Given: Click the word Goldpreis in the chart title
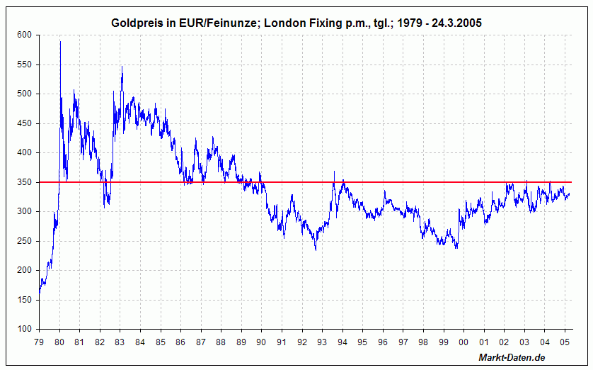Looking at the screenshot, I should tap(137, 23).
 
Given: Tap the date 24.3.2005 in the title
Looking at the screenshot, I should tap(454, 23).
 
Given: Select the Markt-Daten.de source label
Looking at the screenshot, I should tap(512, 357).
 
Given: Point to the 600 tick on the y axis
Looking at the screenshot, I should tap(25, 35).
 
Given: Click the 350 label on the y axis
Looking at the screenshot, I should tap(25, 182).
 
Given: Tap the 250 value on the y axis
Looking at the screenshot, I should tap(25, 241).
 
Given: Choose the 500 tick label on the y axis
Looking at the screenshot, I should tap(25, 94).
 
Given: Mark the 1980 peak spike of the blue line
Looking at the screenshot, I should tap(60, 42).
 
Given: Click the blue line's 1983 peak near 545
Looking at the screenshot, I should tap(122, 67).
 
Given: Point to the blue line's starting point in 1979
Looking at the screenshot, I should tap(40, 293).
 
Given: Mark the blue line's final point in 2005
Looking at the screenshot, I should tap(570, 194).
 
